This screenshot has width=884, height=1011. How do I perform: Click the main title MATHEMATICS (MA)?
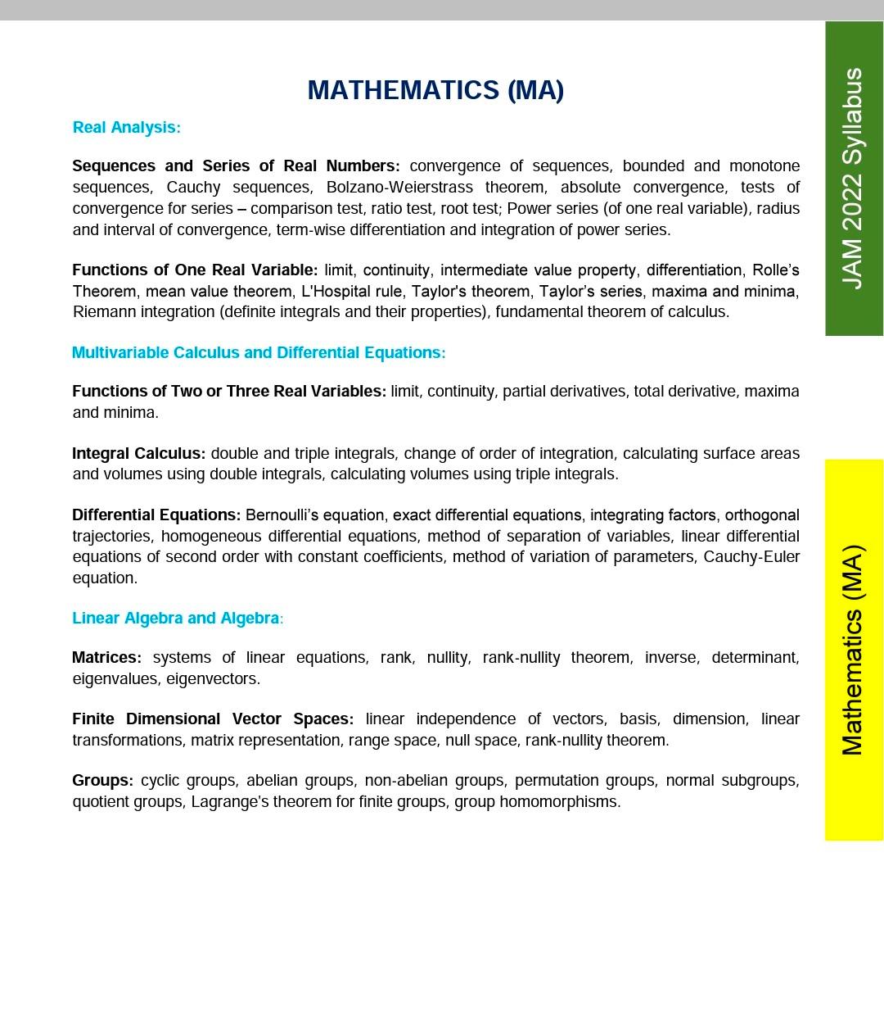(435, 90)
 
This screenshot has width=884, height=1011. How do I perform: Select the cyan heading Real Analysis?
(126, 128)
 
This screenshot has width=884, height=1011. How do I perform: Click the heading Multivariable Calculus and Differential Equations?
(258, 353)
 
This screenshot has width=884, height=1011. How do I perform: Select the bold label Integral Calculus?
(138, 454)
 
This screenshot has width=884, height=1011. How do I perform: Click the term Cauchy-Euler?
(751, 557)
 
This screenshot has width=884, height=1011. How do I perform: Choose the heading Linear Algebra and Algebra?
(177, 619)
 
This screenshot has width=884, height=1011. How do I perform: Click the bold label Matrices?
(106, 658)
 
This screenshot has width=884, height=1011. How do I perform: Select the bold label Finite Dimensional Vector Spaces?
(213, 719)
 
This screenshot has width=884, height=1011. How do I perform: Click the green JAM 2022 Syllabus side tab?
(853, 179)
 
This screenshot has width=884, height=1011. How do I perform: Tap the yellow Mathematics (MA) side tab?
(853, 650)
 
